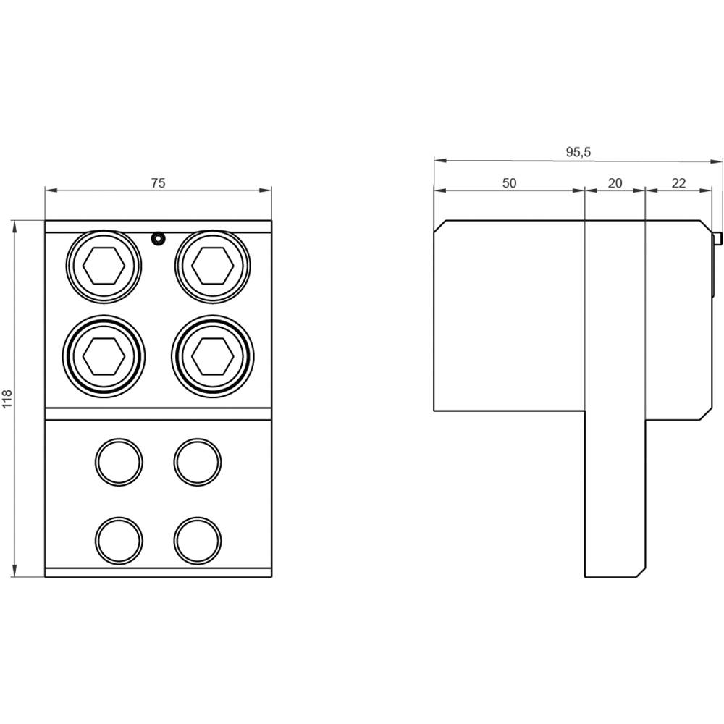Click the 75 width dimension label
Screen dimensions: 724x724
click(158, 183)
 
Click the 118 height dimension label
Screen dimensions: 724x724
click(8, 399)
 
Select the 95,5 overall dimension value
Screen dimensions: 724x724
click(578, 152)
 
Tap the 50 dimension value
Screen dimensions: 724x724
click(510, 183)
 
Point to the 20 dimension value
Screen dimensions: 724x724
click(615, 183)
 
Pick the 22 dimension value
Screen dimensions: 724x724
click(678, 183)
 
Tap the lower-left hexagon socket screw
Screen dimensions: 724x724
click(104, 355)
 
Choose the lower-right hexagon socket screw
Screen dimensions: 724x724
click(213, 355)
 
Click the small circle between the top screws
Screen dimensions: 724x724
click(157, 238)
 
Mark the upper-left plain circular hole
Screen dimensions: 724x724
click(119, 461)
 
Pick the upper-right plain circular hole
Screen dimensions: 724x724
click(198, 461)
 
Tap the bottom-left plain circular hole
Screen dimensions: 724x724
click(119, 540)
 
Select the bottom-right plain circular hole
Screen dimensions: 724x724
click(198, 540)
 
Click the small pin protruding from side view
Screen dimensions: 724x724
click(717, 239)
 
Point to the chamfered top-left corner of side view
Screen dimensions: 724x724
click(439, 225)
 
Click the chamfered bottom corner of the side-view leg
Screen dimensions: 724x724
click(640, 573)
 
